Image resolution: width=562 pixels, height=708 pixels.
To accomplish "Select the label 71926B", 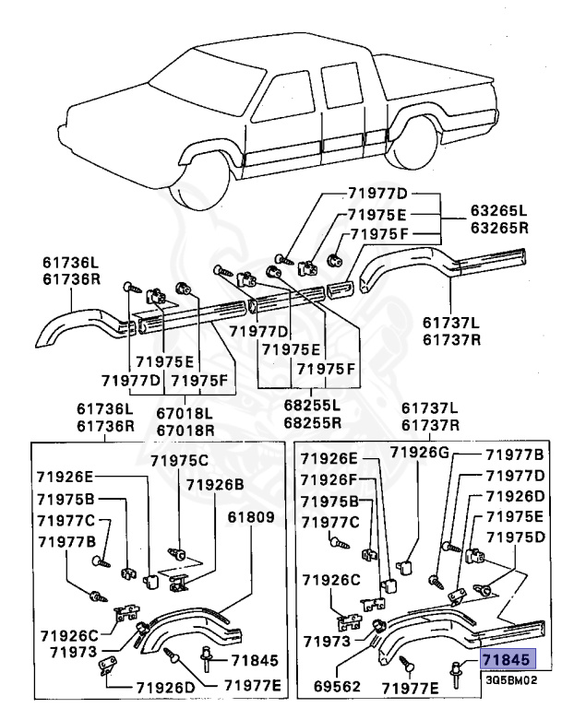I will coord(214,484).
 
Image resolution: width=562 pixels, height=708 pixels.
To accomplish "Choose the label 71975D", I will coord(517,537).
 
